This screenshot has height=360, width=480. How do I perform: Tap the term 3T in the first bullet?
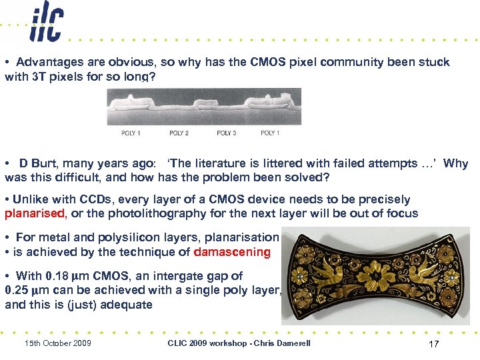click(x=39, y=77)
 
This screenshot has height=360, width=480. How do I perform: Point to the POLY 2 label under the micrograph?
click(x=179, y=133)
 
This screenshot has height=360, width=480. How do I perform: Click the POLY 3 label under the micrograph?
click(x=227, y=133)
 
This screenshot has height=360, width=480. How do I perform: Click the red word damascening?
click(x=232, y=252)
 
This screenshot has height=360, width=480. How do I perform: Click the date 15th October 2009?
click(x=57, y=343)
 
